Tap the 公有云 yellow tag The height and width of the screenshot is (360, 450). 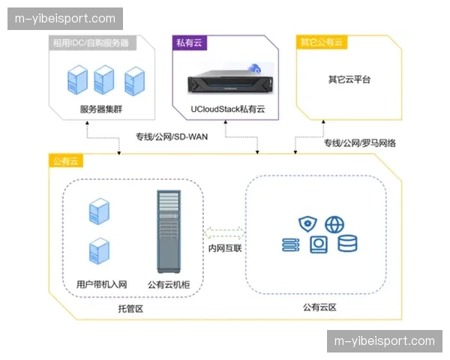pyautogui.click(x=65, y=161)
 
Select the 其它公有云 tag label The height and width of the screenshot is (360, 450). pyautogui.click(x=322, y=43)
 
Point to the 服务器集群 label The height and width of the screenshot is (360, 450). pyautogui.click(x=101, y=109)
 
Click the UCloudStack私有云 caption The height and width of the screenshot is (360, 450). pyautogui.click(x=228, y=109)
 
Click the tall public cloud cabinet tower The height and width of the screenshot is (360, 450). pyautogui.click(x=168, y=231)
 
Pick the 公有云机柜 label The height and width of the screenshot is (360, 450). pyautogui.click(x=169, y=284)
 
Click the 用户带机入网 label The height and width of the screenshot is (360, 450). pyautogui.click(x=101, y=284)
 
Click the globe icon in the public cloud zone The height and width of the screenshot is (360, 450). pyautogui.click(x=335, y=223)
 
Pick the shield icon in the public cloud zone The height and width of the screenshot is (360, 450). pyautogui.click(x=307, y=223)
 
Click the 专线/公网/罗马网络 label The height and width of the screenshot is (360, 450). pyautogui.click(x=359, y=142)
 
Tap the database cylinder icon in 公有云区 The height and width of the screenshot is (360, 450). pyautogui.click(x=347, y=244)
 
